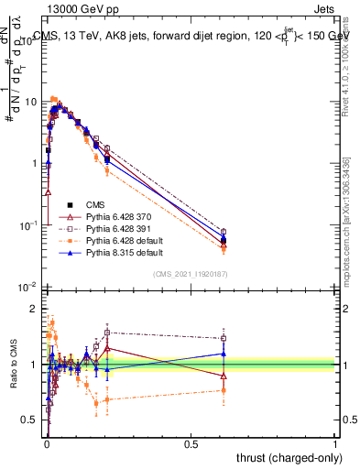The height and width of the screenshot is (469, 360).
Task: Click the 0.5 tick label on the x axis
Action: coord(191,443)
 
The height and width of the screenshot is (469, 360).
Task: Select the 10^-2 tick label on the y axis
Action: coord(28,287)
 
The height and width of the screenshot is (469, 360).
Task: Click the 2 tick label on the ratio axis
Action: coord(35,308)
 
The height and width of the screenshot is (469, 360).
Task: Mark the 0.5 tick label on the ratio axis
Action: coord(30,420)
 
